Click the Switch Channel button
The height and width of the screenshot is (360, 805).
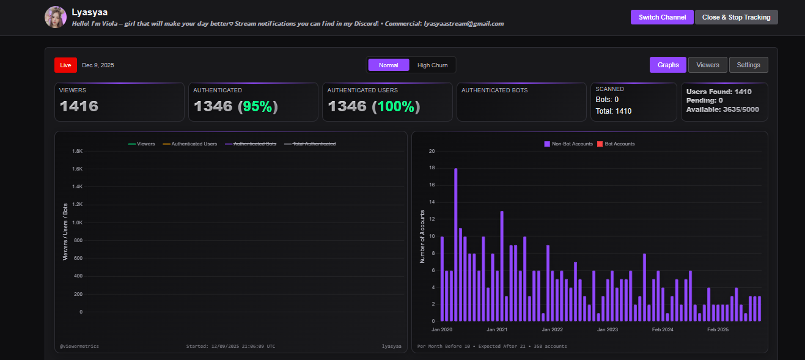[662, 17]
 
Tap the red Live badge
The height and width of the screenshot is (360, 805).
[65, 65]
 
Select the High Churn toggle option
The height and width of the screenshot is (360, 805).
[432, 65]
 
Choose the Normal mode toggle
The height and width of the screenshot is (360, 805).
[388, 65]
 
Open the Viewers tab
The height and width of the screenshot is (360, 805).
[708, 65]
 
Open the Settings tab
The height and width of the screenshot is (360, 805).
[748, 65]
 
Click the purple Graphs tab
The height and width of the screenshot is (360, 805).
[668, 65]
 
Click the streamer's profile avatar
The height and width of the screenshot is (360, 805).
[56, 17]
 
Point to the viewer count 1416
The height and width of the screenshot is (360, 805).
[79, 106]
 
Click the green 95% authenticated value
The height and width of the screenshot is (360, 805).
[258, 106]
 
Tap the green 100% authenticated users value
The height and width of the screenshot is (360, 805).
[396, 106]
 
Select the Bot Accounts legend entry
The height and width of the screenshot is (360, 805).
[616, 144]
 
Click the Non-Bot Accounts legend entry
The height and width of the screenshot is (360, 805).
[568, 144]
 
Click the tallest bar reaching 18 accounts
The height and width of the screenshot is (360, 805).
[456, 244]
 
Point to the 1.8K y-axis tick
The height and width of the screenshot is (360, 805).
[77, 151]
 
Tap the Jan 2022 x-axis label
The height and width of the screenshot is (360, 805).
[553, 329]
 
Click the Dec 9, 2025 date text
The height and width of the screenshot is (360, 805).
[98, 65]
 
